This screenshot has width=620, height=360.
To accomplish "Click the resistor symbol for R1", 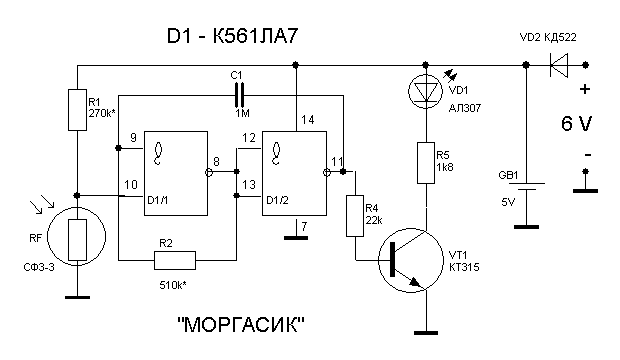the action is pos(78,110).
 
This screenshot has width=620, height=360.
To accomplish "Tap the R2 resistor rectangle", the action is pos(175,260).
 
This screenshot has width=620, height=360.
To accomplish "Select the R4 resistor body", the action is pos(355,216).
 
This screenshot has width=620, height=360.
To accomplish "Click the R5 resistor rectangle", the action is pos(426,163).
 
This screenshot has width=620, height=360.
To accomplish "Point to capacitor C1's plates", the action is pos(240,95).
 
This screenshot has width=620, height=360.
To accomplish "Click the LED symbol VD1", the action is pos(425,92).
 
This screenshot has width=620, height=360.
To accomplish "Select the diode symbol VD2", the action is pos(559,65).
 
